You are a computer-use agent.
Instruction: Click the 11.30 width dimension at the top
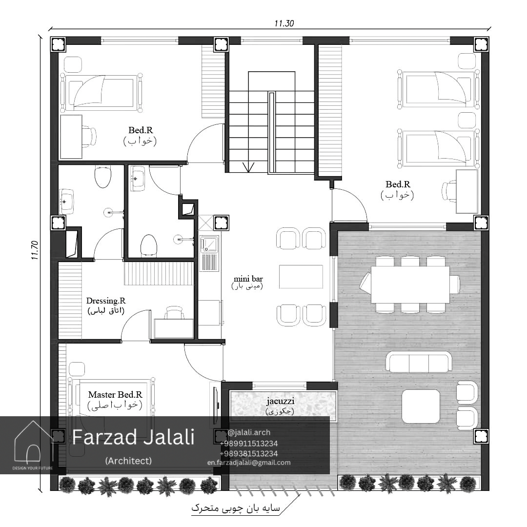coord(284,23)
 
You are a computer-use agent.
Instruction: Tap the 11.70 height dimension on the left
coord(35,250)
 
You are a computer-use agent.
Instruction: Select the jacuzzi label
coord(280,401)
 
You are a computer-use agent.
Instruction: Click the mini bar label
coord(248,279)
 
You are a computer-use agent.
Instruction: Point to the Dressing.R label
coord(106,301)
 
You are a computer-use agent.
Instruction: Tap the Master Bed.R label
coord(115,394)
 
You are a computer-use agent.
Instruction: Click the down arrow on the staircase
coord(248,167)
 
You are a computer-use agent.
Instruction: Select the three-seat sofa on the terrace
coord(419,362)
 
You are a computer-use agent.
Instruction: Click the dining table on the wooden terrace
coord(410,284)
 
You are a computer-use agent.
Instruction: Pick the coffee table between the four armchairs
coord(301,277)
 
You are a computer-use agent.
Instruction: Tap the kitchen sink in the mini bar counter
coord(209,244)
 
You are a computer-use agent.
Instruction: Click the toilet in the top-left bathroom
coord(103,177)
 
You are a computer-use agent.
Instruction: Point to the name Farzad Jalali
coord(133,437)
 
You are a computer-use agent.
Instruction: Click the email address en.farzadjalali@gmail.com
coord(249,463)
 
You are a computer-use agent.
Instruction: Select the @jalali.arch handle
coord(249,432)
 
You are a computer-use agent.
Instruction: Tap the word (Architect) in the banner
coord(128,461)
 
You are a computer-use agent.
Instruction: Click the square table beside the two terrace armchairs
coord(421,406)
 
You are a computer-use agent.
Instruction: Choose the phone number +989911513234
coord(249,444)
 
